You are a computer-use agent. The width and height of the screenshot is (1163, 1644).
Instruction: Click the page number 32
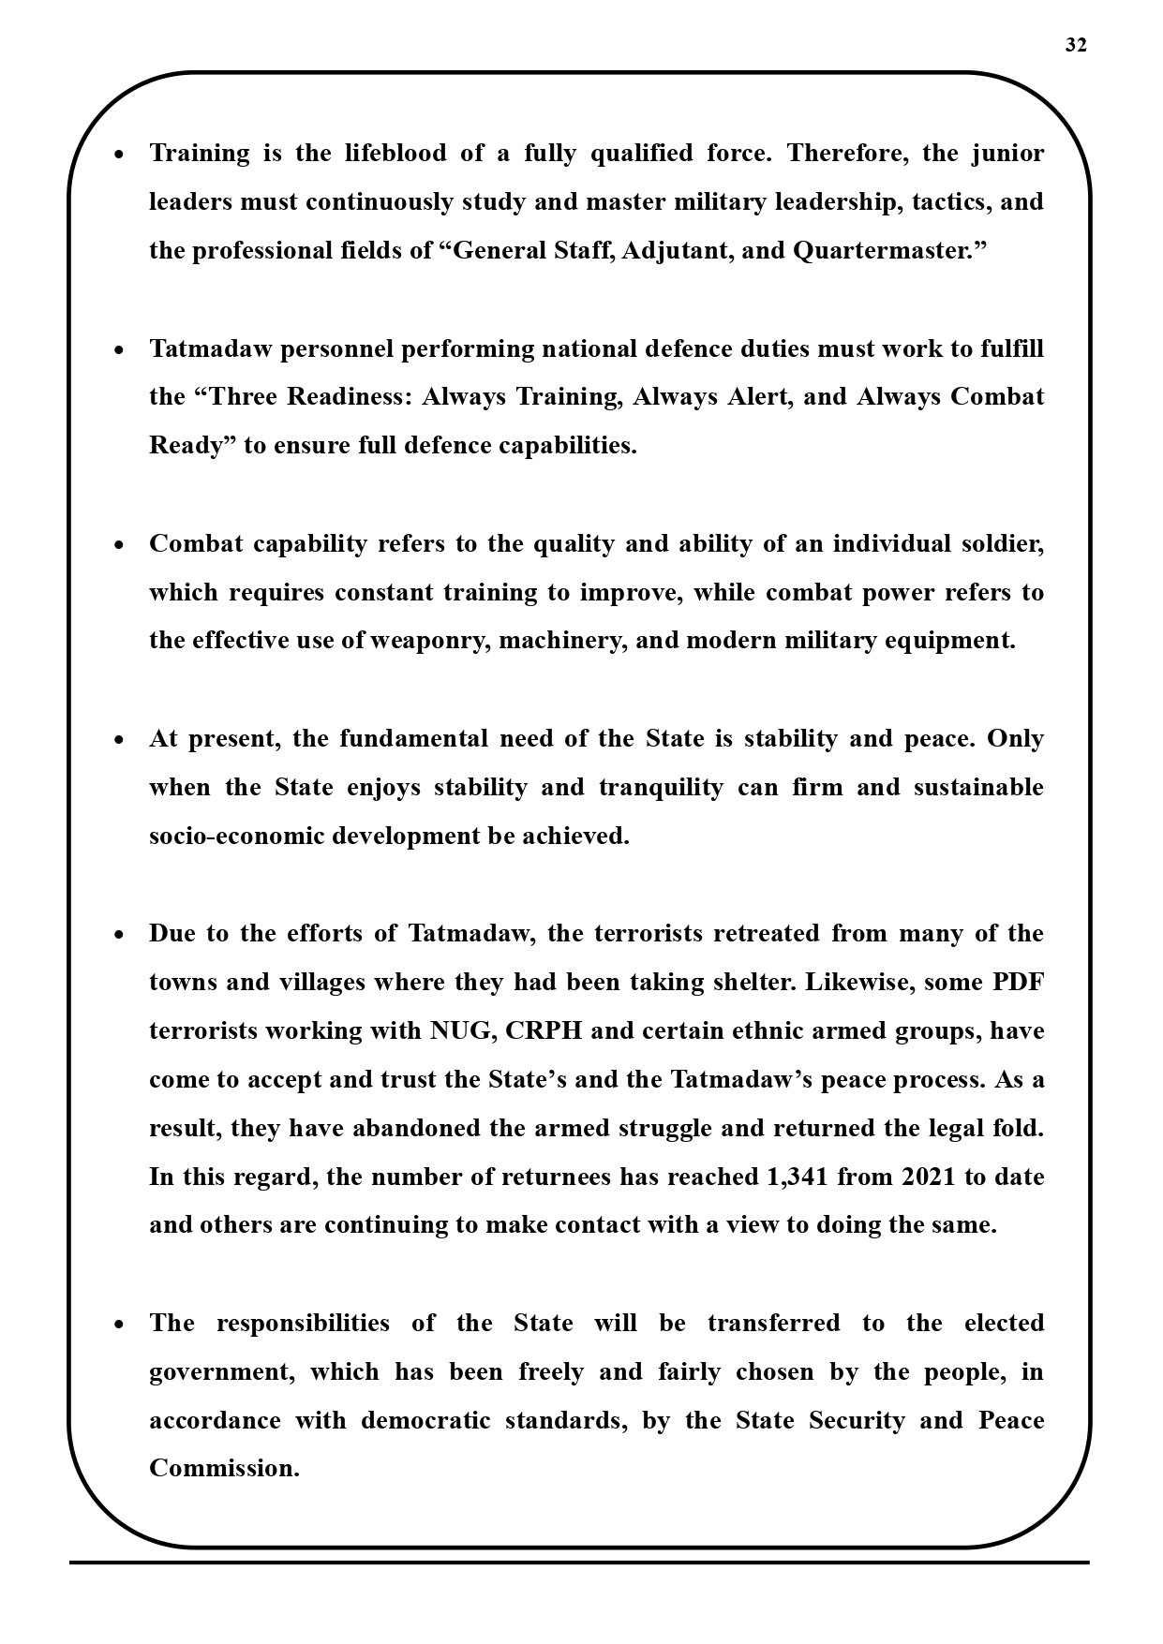(x=1076, y=45)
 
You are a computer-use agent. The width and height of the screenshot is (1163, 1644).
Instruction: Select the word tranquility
(x=661, y=787)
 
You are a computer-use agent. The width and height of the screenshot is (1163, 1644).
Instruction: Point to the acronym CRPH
(x=544, y=1030)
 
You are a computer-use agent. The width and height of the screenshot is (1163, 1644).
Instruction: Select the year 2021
(x=929, y=1177)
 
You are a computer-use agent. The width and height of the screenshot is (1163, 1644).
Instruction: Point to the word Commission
(x=224, y=1469)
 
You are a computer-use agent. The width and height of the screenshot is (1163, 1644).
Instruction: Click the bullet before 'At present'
(x=118, y=741)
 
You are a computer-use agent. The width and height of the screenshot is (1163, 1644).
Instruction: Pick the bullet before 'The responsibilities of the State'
(x=118, y=1326)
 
